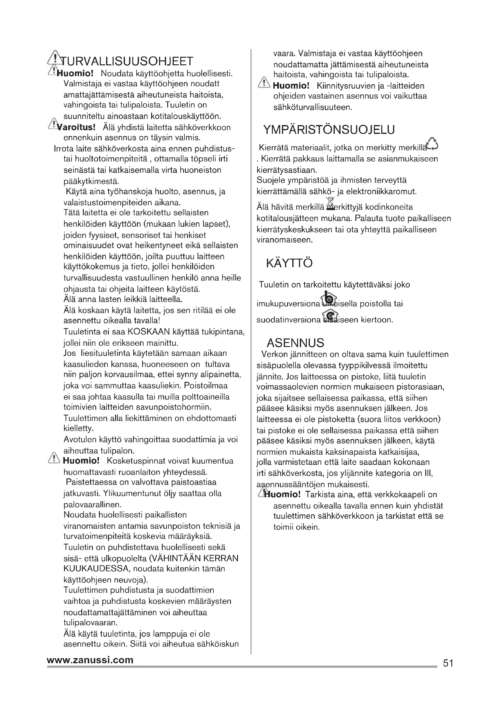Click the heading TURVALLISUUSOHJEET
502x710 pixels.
coord(127,61)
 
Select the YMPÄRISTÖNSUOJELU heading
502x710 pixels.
coord(329,130)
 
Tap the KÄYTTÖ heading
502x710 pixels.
coord(289,263)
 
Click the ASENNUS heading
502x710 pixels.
coord(295,343)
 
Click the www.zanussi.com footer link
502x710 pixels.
coord(90,660)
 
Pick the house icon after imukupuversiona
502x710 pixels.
coord(329,299)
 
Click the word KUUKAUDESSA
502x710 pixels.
coord(96,569)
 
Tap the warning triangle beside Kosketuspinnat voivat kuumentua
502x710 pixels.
coord(54,458)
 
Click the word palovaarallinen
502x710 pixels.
coord(92,505)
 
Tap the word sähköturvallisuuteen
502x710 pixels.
coord(313,108)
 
